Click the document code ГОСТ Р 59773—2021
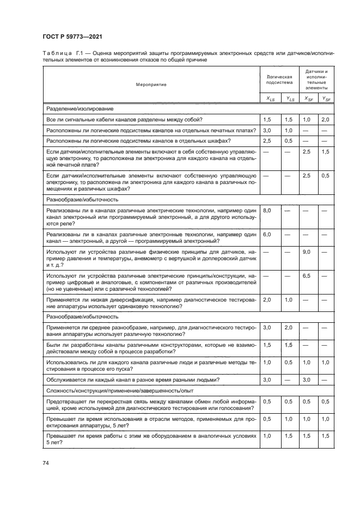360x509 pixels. [x=72, y=36]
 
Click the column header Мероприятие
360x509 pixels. [x=151, y=84]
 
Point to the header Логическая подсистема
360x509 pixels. [x=279, y=79]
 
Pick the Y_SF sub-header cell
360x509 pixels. [x=325, y=99]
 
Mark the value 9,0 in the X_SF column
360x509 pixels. [x=307, y=253]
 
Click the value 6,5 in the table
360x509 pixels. [x=307, y=276]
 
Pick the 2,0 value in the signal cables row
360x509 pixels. [x=325, y=119]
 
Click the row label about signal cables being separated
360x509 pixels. [x=124, y=119]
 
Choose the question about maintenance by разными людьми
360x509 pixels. [x=133, y=379]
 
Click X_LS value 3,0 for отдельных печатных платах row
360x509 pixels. [x=267, y=130]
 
